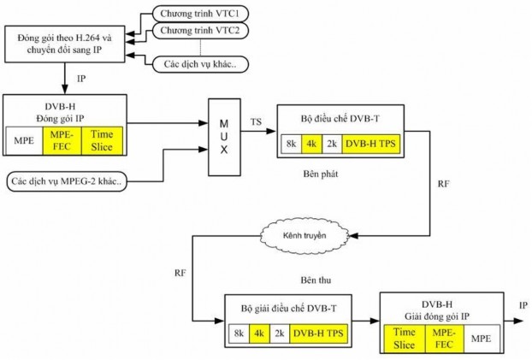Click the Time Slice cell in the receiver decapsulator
coord(403,336)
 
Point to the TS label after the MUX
coord(257,122)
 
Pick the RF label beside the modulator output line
coord(443,184)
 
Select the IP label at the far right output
coord(523,304)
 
